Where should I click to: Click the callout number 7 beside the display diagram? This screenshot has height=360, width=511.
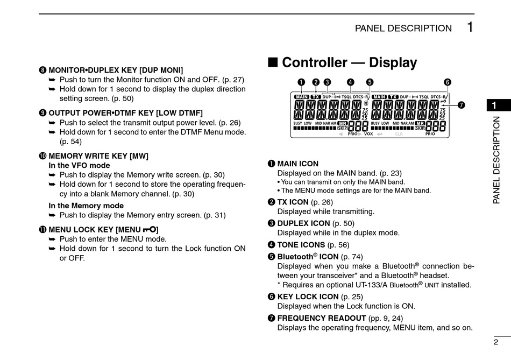click(x=461, y=105)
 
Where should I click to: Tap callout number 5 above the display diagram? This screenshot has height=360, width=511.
click(x=370, y=82)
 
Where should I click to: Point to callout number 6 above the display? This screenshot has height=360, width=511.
click(x=447, y=82)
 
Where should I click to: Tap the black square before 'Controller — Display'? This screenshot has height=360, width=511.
click(x=273, y=62)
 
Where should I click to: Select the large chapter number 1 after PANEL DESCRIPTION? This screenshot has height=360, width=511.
click(x=470, y=27)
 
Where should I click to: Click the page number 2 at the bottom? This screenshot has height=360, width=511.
click(x=495, y=342)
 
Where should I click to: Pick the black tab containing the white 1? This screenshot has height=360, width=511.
click(x=495, y=105)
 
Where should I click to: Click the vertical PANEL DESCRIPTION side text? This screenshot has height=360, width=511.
click(x=496, y=160)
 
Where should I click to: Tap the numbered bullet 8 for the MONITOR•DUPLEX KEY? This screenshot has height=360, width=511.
click(x=42, y=70)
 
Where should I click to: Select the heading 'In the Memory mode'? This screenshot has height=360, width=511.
click(x=86, y=206)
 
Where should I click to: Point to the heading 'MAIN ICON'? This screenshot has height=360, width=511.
click(x=297, y=164)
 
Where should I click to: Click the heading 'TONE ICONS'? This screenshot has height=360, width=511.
click(x=301, y=244)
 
